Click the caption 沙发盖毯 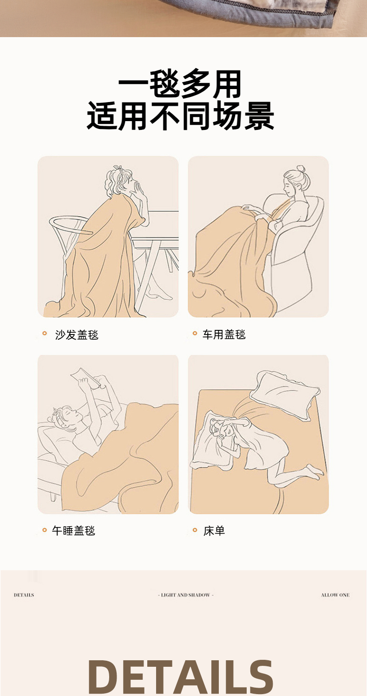point(77,335)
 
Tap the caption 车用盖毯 point(224,335)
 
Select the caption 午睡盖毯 point(73,531)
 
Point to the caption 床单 point(214,531)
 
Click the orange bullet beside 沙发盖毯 point(45,334)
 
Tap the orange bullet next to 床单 point(195,530)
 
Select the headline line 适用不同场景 point(180,116)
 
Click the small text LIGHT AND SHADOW point(185,595)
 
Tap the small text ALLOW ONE point(335,595)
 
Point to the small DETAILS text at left point(24,595)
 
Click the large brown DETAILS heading point(180,677)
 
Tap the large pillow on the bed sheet point(285,395)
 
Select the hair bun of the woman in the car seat point(301,169)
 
